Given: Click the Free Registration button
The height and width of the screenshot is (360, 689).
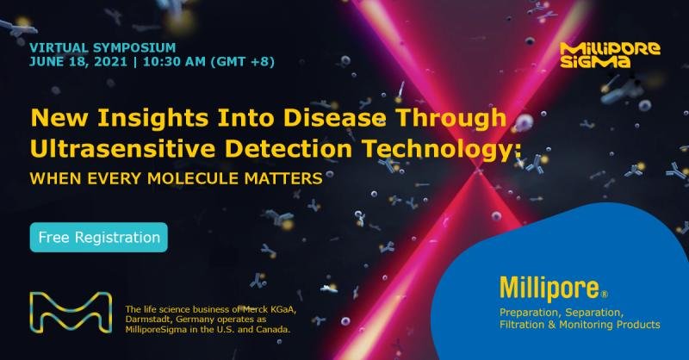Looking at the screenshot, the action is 99,238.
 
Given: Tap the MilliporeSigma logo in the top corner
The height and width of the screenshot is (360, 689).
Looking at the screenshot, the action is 610,55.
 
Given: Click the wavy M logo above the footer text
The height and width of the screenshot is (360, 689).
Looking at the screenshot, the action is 71,312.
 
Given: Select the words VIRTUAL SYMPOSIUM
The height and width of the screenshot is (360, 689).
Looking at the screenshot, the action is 102,47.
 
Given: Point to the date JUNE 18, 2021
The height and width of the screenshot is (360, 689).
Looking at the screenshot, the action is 78,61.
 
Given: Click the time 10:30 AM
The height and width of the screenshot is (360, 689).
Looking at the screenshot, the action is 175,61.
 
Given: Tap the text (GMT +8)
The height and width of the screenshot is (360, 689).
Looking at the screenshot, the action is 243,61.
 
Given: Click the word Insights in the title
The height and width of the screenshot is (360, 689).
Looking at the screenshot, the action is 153,118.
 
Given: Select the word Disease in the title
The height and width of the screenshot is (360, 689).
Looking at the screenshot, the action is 334,118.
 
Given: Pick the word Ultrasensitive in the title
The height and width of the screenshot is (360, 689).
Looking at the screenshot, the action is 122,149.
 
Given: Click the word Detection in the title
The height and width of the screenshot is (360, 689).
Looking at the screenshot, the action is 289,149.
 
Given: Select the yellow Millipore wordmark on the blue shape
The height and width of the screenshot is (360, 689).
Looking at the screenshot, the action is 549,289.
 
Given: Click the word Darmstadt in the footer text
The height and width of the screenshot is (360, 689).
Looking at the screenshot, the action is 148,320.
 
